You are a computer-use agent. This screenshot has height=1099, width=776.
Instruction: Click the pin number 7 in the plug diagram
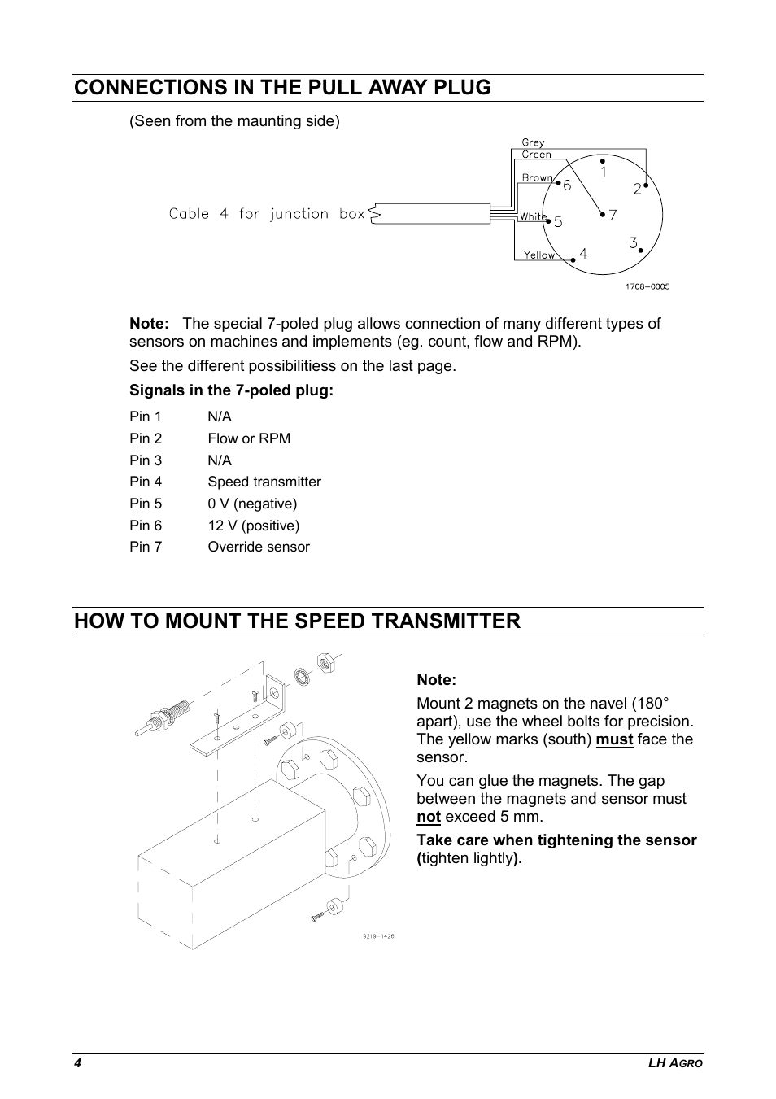click(613, 216)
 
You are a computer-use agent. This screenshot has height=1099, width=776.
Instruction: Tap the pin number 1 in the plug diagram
click(604, 172)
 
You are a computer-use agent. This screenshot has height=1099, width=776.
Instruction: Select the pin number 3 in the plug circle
click(633, 242)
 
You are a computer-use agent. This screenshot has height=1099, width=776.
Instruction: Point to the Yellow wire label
click(538, 255)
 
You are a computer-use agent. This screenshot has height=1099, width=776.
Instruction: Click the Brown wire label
click(537, 178)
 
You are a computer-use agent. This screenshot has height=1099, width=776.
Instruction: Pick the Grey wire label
click(533, 142)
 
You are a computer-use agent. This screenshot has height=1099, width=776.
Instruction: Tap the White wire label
click(533, 216)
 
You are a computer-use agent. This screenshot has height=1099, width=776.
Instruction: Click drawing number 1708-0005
click(647, 286)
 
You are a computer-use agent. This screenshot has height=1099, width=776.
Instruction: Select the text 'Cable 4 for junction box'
click(267, 214)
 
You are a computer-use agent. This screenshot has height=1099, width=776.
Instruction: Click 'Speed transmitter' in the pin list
click(264, 482)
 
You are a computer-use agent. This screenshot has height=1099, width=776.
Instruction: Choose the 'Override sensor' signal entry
click(259, 547)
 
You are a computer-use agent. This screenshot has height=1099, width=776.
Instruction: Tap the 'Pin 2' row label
click(146, 438)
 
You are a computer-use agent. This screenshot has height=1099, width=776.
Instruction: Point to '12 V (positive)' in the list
click(254, 526)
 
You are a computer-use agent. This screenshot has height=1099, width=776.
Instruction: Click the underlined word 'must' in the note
click(614, 739)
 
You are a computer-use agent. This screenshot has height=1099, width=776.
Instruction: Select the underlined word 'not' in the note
click(429, 817)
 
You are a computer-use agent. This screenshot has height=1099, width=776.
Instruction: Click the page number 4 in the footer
click(77, 1064)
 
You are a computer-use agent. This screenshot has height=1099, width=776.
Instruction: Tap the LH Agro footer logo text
click(675, 1064)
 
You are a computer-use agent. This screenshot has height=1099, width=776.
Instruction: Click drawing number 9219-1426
click(378, 936)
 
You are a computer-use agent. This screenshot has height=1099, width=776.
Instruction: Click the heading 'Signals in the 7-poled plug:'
click(232, 390)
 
